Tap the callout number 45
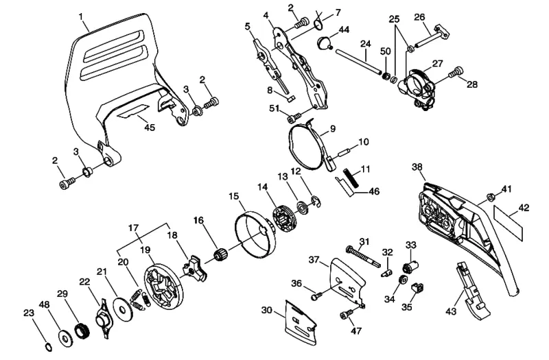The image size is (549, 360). tap(150, 128)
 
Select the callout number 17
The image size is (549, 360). tap(133, 228)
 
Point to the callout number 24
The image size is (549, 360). tap(366, 44)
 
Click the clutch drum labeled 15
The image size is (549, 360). tap(255, 233)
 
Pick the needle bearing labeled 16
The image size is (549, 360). tap(221, 255)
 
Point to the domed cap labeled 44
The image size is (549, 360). tap(325, 44)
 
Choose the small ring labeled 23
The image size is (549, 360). tap(48, 348)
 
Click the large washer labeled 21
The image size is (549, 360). tap(123, 310)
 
